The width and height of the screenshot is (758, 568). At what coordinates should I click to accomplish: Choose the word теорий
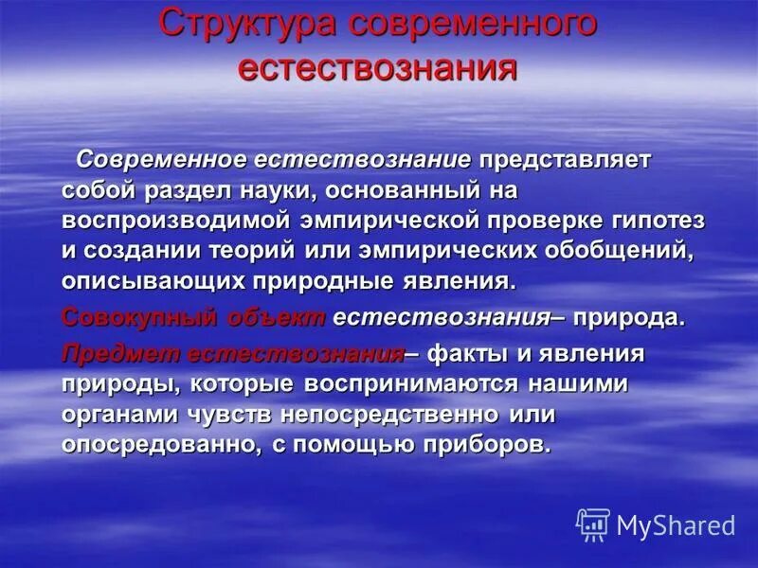tap(257, 253)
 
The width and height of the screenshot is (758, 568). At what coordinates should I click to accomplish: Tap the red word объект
tap(277, 318)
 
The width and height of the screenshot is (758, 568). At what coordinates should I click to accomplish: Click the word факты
tap(475, 355)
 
